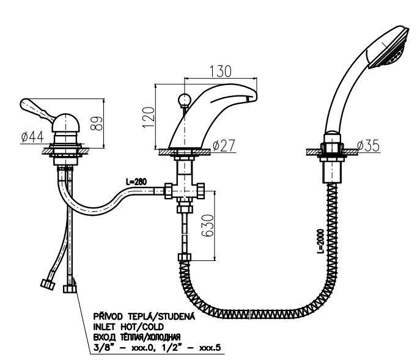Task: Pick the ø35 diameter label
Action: pos(369,145)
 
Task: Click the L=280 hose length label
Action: pos(136,182)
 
